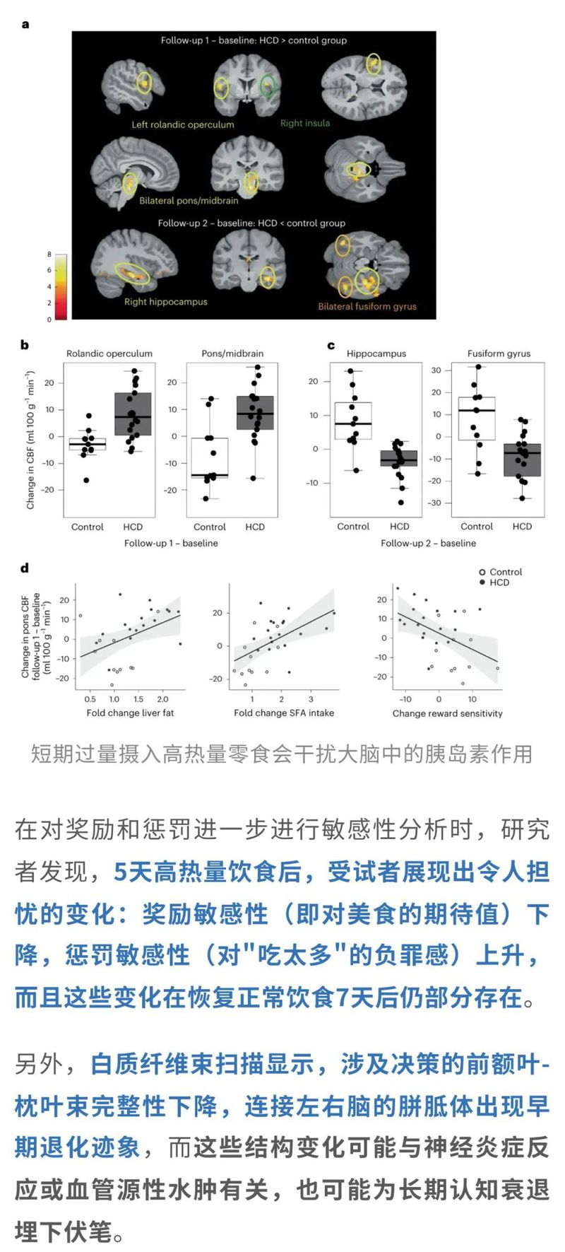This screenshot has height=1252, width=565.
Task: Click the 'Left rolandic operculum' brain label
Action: [182, 124]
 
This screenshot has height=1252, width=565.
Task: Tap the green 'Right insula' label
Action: [305, 123]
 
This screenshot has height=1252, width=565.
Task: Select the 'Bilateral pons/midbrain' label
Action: [189, 201]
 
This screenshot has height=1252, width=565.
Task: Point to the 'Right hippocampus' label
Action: [166, 302]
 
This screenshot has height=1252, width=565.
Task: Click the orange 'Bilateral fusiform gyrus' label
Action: [367, 307]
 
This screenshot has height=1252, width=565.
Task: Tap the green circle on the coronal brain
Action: [267, 86]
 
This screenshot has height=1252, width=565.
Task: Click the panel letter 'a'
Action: [25, 25]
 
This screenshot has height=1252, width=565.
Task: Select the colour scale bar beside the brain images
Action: [61, 286]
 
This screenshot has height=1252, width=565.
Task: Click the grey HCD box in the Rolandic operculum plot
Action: [133, 414]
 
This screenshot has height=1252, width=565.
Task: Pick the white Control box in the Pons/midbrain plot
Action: [210, 458]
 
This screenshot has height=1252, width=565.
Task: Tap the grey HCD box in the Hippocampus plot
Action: [400, 458]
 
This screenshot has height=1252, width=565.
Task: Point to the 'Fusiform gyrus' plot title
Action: [499, 353]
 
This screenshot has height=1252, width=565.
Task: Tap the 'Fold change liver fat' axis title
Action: [130, 713]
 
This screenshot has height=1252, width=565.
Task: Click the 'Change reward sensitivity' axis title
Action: [447, 713]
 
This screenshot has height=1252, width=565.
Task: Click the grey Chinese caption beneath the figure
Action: [281, 754]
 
